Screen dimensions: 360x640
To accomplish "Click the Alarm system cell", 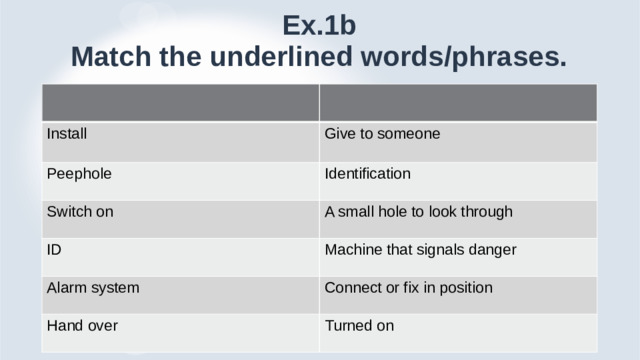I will [x=92, y=288].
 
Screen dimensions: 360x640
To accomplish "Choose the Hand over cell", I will [x=83, y=326].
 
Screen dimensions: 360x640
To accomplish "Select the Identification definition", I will [x=368, y=173].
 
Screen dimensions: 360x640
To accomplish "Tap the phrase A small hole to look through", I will [x=419, y=211].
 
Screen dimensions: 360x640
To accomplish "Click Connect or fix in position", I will [x=409, y=288].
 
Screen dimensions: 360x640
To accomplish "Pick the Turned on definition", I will [x=359, y=326].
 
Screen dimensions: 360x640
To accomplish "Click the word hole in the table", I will [x=396, y=211].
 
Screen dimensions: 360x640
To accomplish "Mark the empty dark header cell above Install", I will [x=180, y=101].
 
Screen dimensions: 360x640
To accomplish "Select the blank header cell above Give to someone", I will [x=458, y=101].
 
